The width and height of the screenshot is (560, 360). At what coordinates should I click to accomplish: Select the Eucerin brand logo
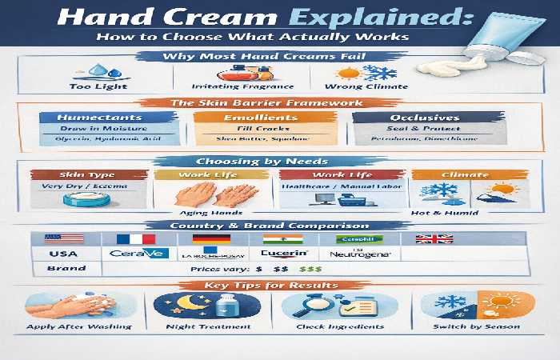point(284,254)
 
